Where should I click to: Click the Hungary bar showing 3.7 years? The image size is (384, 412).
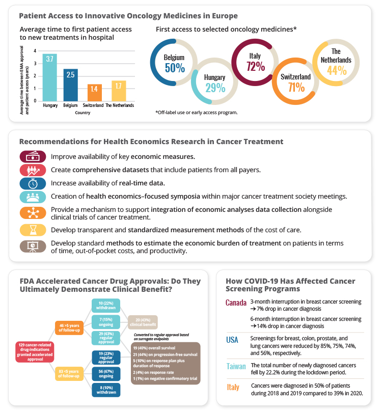click(x=50, y=76)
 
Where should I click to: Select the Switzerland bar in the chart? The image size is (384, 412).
click(x=95, y=92)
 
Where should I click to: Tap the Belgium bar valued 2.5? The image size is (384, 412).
click(x=71, y=84)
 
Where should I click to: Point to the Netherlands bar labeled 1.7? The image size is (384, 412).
click(x=119, y=91)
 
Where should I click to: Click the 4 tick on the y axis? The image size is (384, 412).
click(x=35, y=51)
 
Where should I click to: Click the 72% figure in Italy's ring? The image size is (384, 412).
click(x=255, y=66)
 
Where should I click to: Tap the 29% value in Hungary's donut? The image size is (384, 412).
click(x=214, y=87)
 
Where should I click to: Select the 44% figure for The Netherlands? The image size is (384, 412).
click(x=336, y=70)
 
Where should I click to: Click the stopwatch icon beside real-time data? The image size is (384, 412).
click(x=33, y=183)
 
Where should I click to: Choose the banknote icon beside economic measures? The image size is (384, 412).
click(x=33, y=156)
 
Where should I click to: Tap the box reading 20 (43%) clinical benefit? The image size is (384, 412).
click(x=143, y=321)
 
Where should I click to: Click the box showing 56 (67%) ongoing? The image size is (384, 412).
click(x=106, y=374)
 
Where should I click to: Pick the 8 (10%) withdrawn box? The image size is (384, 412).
click(x=106, y=390)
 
